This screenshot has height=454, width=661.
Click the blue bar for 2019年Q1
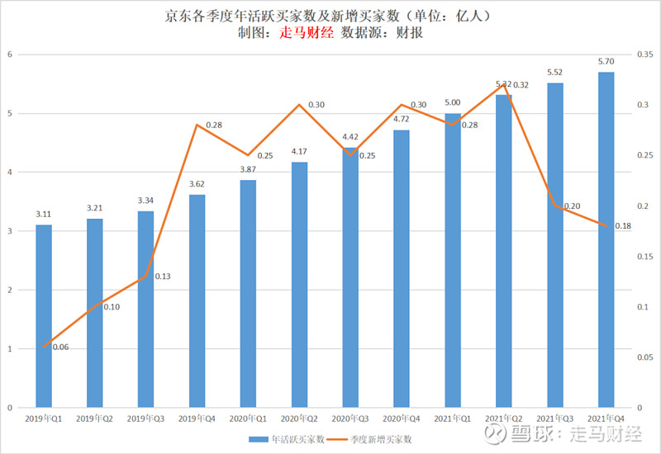pyautogui.click(x=44, y=316)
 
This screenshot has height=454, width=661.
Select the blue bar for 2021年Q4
pyautogui.click(x=606, y=239)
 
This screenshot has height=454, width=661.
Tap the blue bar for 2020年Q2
pyautogui.click(x=299, y=285)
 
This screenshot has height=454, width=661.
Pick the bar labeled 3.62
pyautogui.click(x=197, y=301)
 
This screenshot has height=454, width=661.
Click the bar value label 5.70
pyautogui.click(x=606, y=61)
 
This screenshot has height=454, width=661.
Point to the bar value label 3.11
pyautogui.click(x=44, y=214)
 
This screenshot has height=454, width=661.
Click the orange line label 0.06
pyautogui.click(x=60, y=347)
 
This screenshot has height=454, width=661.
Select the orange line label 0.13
pyautogui.click(x=162, y=276)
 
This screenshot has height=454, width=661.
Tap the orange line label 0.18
pyautogui.click(x=623, y=226)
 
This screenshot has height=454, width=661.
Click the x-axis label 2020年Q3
pyautogui.click(x=350, y=419)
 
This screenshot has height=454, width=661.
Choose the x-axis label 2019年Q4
pyautogui.click(x=197, y=419)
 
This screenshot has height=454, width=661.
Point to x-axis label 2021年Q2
pyautogui.click(x=503, y=419)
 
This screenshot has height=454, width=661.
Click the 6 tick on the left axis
pyautogui.click(x=9, y=54)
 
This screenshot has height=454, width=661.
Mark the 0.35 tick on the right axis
pyautogui.click(x=647, y=54)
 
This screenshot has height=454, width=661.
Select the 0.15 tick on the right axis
pyautogui.click(x=647, y=257)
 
